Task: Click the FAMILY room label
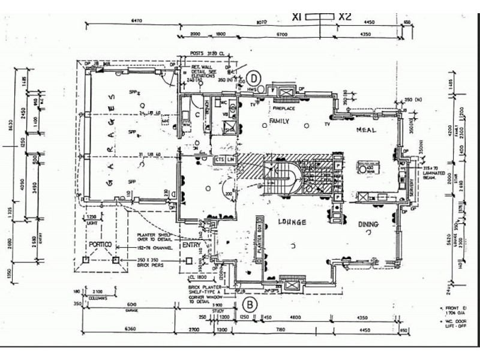(280, 122)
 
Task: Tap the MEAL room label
(366, 130)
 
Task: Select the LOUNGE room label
(292, 222)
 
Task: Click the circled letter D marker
(254, 78)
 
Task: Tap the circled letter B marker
(251, 304)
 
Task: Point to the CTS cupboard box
(220, 160)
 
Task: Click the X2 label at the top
(345, 17)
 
